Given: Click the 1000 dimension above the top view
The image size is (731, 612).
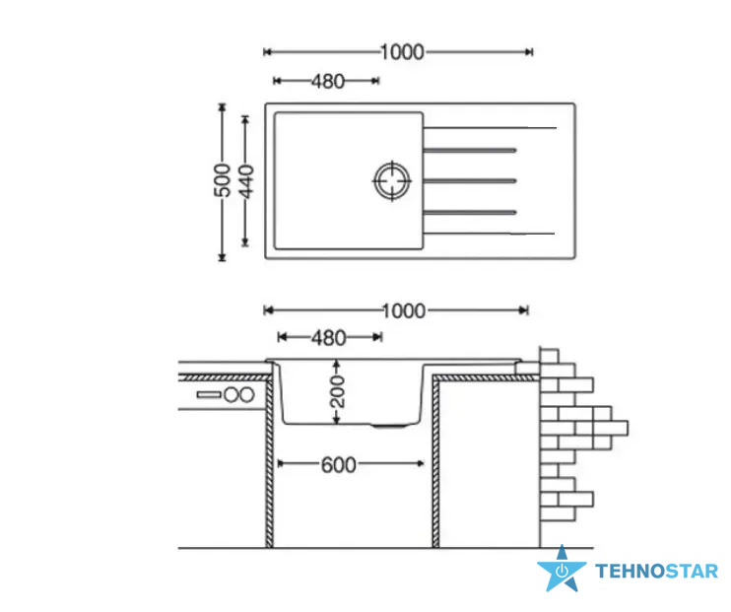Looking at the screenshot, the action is tap(402, 52).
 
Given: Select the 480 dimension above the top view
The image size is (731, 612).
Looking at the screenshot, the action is tap(328, 81).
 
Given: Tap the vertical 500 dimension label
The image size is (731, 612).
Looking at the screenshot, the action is tap(223, 180).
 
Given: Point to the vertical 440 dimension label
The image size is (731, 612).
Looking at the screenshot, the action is tap(245, 181).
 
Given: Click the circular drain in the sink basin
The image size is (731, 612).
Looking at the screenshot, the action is tap(392, 180).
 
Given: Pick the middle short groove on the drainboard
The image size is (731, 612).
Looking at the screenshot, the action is tap(470, 180).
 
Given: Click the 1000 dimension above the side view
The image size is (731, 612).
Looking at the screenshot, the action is tap(404, 310).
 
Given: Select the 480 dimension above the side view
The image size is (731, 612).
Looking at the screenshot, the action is tap(329, 338).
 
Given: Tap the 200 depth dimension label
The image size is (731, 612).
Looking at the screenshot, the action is tap(337, 392).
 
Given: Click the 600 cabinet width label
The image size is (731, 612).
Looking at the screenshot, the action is tap(339, 464).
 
